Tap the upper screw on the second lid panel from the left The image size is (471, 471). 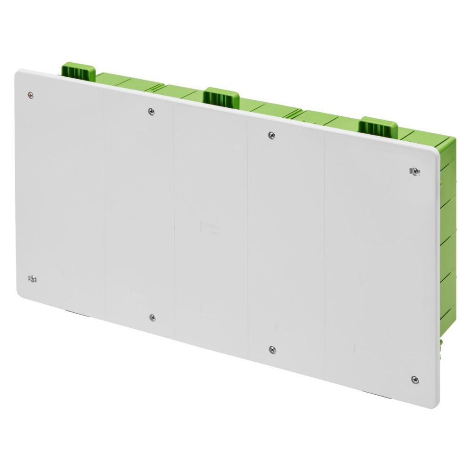click(151, 112)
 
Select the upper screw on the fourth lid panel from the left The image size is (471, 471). click(271, 135)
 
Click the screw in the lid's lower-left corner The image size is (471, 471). click(32, 278)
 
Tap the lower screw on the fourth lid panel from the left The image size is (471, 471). click(272, 349)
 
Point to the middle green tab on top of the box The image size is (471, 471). click(221, 97)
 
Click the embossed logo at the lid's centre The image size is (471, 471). click(208, 227)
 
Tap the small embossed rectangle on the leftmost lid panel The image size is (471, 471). click(69, 273)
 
